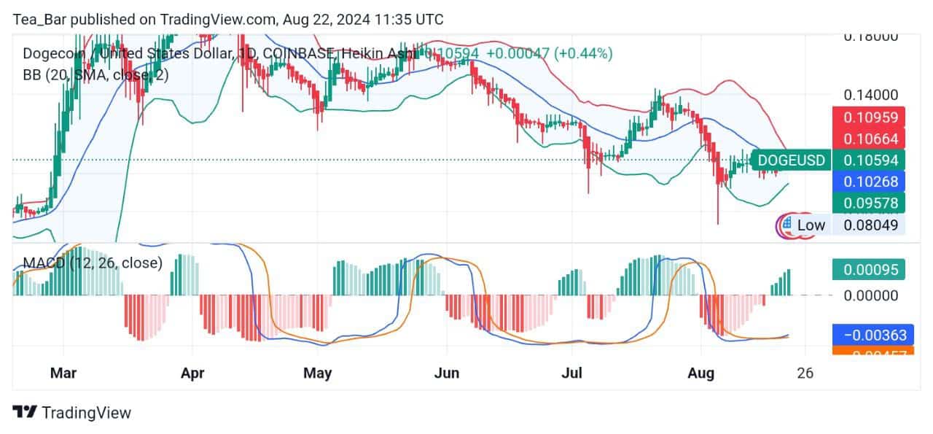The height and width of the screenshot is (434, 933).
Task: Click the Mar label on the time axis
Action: (63, 373)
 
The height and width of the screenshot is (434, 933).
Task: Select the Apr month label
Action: (192, 373)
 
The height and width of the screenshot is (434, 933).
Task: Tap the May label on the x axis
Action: (317, 373)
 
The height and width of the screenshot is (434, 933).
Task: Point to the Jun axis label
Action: (446, 373)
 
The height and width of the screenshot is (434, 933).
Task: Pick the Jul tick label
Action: (571, 373)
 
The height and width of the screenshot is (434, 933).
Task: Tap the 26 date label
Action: (805, 373)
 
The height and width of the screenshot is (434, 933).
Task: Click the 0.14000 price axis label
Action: (870, 95)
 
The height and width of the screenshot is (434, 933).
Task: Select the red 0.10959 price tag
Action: (870, 117)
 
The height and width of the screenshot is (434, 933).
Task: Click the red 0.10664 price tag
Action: (870, 139)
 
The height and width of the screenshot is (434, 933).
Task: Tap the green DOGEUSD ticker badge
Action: (791, 160)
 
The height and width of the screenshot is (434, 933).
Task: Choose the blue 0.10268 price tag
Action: (870, 181)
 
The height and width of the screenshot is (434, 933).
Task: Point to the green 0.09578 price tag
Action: (870, 202)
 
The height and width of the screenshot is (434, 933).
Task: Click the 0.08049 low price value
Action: (870, 225)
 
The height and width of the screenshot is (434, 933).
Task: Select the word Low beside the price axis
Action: (811, 225)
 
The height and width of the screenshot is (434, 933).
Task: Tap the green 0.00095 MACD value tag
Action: (870, 269)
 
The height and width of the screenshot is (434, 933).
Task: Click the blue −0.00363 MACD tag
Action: (870, 336)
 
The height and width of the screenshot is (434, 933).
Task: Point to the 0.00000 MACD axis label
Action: (870, 295)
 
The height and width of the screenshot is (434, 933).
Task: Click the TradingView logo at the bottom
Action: (72, 412)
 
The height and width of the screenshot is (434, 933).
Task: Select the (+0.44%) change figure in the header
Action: (583, 53)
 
